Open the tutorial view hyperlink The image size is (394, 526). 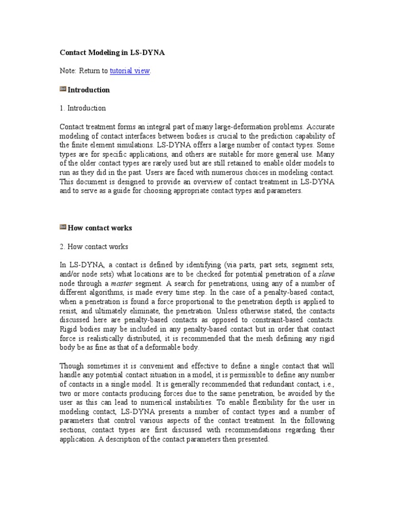click(130, 71)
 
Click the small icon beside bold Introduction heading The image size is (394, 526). click(63, 89)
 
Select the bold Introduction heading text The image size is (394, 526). click(89, 90)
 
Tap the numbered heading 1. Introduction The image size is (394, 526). click(83, 108)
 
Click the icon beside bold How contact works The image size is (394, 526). click(63, 227)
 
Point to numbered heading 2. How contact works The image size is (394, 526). click(94, 246)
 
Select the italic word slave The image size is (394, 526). click(326, 273)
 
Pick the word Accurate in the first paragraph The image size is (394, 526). click(320, 126)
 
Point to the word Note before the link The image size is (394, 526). click(69, 71)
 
